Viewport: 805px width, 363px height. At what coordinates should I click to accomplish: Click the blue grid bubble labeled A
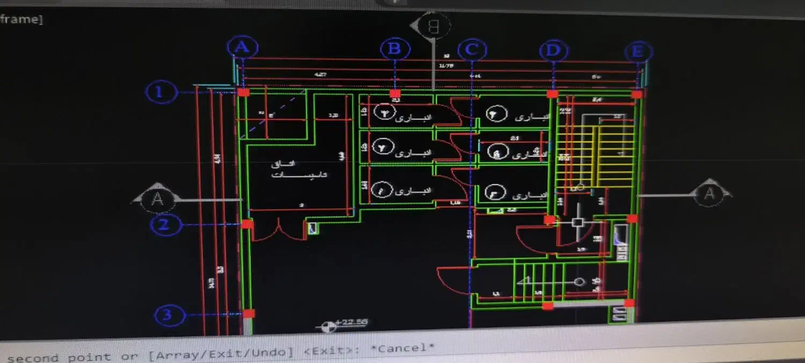pos(243,48)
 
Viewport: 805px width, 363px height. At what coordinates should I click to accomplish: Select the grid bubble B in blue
pos(395,49)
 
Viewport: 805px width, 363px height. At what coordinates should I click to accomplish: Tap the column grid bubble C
pos(472,50)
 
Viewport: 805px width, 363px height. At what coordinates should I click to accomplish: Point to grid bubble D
pos(553,51)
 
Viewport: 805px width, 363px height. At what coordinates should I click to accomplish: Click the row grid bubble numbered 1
pos(160,92)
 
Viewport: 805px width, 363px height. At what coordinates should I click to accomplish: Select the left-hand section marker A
pos(157,199)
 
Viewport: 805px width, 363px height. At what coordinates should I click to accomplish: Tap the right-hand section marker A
pos(709,193)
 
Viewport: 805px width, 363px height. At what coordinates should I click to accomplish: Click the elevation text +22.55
pos(352,322)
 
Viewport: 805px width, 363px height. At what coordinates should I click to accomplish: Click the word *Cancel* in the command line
pos(402,349)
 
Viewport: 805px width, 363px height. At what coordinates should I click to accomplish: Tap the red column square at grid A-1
pos(243,92)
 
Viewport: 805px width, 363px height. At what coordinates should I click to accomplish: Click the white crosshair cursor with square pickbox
pos(577,223)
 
